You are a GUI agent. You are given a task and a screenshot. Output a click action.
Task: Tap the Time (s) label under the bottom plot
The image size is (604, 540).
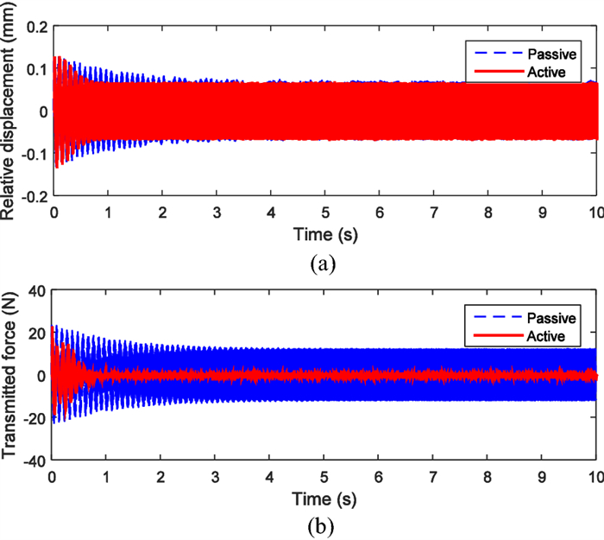coord(324,499)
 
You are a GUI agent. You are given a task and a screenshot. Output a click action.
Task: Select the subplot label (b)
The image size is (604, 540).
coord(324,526)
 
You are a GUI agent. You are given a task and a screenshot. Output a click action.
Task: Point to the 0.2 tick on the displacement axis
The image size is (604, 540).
coord(35,27)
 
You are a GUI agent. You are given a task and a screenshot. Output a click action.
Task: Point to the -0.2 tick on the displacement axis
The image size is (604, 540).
coord(33,197)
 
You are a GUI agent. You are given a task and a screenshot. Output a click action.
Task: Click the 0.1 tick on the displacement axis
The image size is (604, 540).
coord(35,69)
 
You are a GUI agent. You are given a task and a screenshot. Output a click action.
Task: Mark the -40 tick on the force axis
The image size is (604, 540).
coord(35,460)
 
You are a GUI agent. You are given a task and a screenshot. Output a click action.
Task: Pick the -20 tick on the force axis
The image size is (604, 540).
coord(35,417)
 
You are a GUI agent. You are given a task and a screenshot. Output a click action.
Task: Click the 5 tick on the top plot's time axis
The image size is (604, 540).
coord(325,214)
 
